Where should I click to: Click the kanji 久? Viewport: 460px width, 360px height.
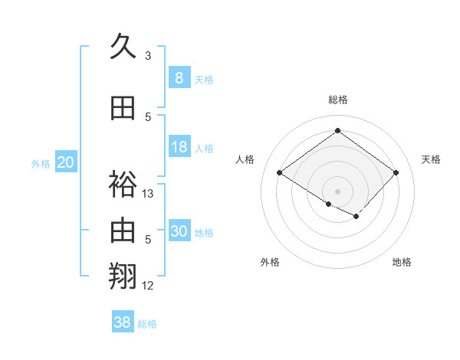tap(123, 47)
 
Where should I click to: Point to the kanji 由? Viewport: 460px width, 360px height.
tap(123, 229)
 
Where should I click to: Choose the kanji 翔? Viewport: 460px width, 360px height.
tap(123, 275)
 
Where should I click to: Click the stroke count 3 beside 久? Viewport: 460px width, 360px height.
tap(148, 56)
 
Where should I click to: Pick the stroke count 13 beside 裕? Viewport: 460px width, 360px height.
tap(148, 194)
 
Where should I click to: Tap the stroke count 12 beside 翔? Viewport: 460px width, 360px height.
tap(148, 285)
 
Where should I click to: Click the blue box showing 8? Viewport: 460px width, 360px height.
tap(179, 78)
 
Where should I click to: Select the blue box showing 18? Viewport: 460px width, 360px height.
tap(179, 147)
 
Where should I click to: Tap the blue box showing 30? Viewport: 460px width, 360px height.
tap(179, 231)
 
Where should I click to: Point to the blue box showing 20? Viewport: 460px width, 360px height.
tap(66, 162)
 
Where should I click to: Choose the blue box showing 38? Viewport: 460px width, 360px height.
tap(123, 322)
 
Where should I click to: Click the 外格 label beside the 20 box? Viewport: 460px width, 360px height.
tap(41, 163)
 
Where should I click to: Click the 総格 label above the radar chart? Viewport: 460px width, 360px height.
tap(337, 100)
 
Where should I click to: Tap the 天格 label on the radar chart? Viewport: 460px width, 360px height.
tap(431, 159)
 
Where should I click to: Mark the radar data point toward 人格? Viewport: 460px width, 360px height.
tap(280, 173)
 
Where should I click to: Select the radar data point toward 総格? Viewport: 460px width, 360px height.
tap(337, 132)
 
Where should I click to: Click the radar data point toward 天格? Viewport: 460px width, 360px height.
tap(396, 173)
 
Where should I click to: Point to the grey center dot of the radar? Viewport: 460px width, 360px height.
tap(337, 190)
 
